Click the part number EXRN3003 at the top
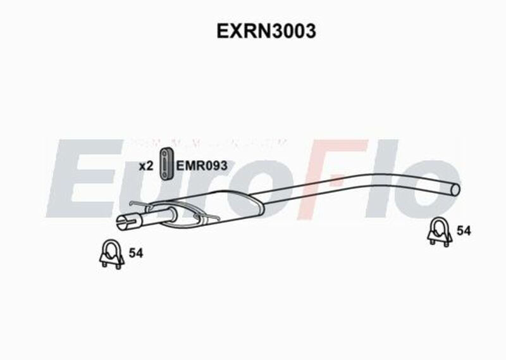[266, 32]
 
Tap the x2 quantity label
[146, 166]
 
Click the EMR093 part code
[201, 166]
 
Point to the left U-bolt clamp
[110, 254]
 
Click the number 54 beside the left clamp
[135, 253]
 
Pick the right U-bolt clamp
[439, 232]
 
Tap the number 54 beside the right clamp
[464, 232]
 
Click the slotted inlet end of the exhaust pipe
[125, 222]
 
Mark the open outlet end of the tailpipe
[456, 187]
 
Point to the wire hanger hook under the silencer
[212, 219]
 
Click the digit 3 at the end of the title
[309, 32]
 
